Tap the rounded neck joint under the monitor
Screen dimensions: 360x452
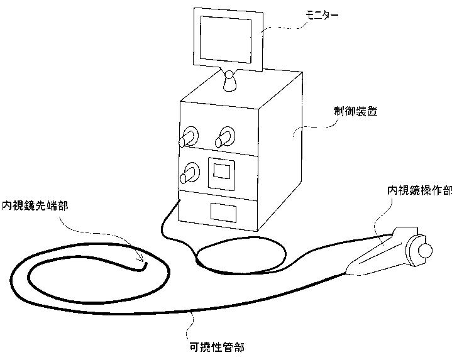click(231, 81)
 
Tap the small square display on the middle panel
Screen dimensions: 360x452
click(221, 172)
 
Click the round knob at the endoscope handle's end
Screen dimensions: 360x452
click(426, 251)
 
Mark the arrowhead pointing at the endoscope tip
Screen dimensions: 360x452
click(141, 259)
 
